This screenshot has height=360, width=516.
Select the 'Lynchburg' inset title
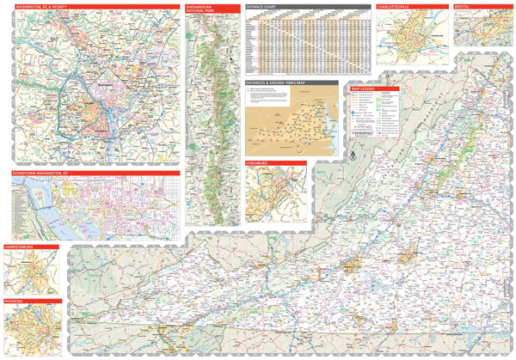(x=261, y=163)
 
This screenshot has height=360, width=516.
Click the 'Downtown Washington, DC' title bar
(x=43, y=173)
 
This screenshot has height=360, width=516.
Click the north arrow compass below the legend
(x=351, y=156)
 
